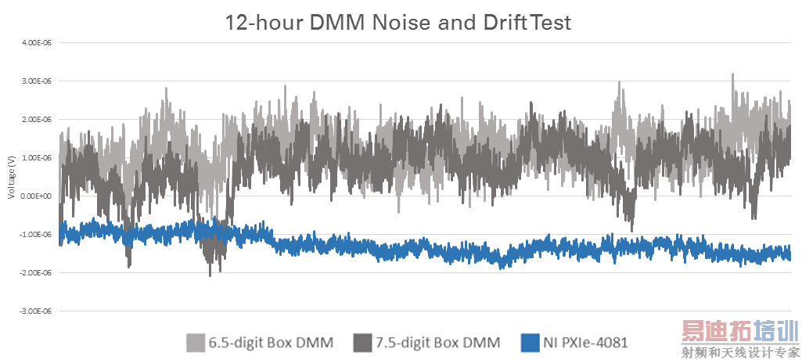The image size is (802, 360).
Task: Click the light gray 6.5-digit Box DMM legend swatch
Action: pyautogui.click(x=196, y=342)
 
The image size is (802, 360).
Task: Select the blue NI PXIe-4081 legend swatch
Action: pyautogui.click(x=529, y=342)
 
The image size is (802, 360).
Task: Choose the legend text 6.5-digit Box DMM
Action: pyautogui.click(x=271, y=342)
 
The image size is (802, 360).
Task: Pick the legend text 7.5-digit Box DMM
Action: pyautogui.click(x=437, y=342)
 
